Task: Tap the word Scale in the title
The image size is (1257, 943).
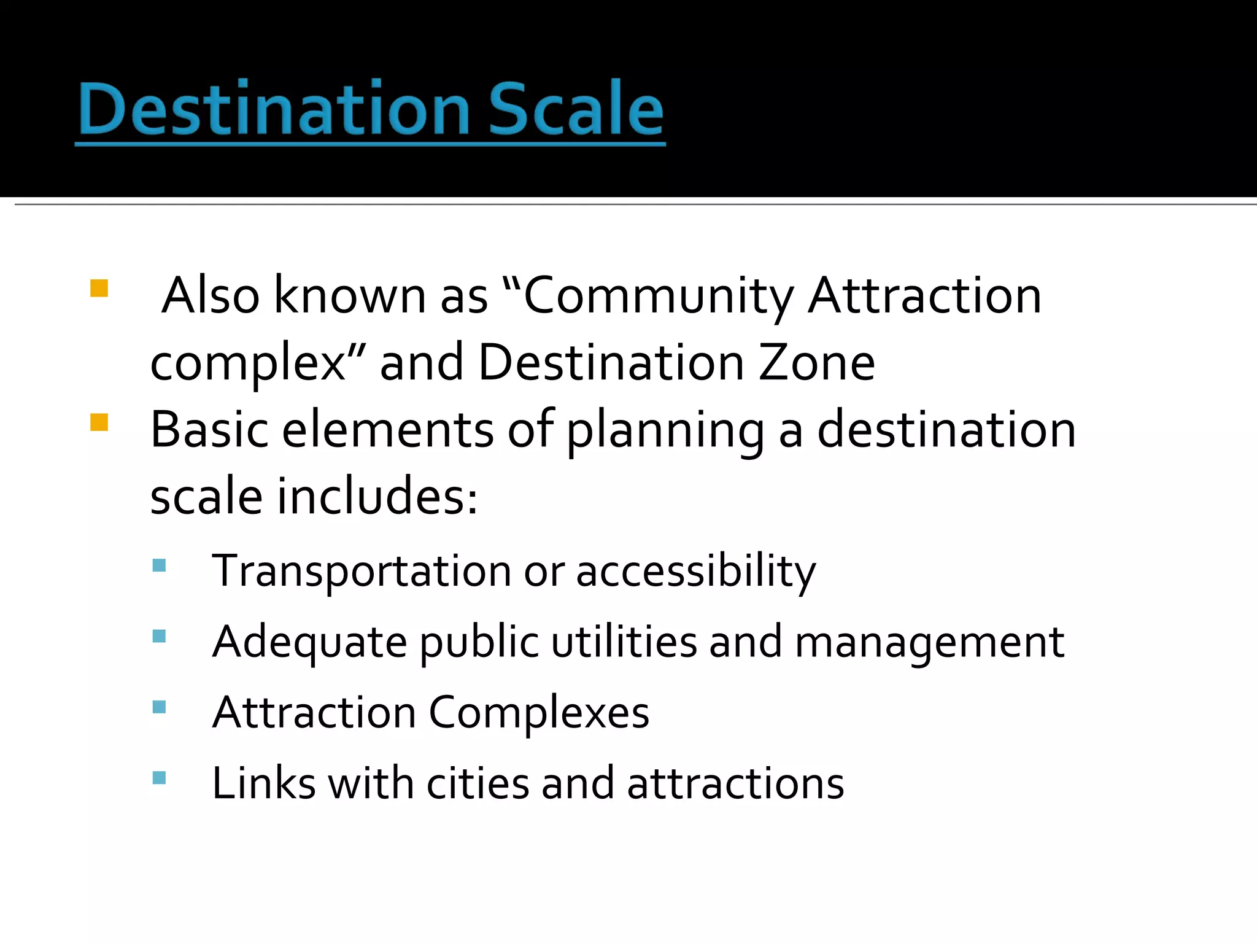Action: point(576,109)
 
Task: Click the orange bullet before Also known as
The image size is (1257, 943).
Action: point(99,289)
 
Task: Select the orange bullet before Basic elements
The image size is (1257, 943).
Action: point(99,422)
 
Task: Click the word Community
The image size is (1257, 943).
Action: point(657,296)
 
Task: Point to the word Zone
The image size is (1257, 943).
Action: point(816,363)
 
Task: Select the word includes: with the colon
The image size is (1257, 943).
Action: point(377,497)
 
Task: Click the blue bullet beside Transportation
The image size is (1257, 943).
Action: point(159,565)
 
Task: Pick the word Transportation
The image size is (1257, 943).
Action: point(362,571)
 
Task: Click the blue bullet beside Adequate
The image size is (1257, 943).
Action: point(159,636)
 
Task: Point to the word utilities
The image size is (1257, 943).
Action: point(624,642)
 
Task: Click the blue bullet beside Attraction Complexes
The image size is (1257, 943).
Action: point(159,707)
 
